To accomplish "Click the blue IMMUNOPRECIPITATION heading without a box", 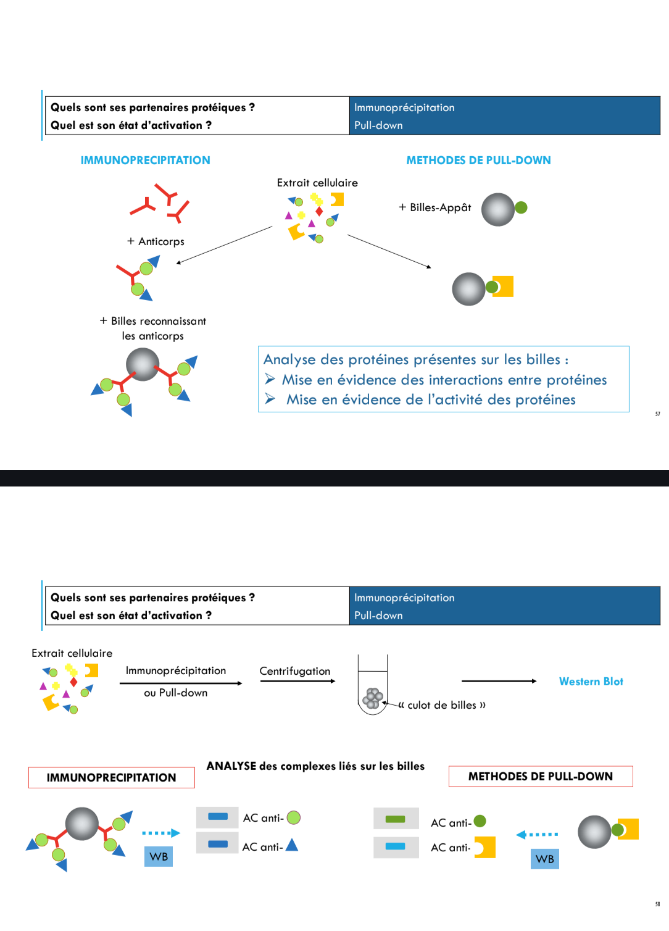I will pyautogui.click(x=145, y=161).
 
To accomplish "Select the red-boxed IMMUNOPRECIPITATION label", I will pyautogui.click(x=112, y=778).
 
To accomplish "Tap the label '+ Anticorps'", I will pyautogui.click(x=156, y=241).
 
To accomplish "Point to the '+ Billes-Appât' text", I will pyautogui.click(x=434, y=207).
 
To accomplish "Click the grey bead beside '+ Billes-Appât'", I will pyautogui.click(x=498, y=209).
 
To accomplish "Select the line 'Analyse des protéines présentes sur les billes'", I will pyautogui.click(x=416, y=359).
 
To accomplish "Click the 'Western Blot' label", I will pyautogui.click(x=591, y=682).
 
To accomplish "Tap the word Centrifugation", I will pyautogui.click(x=294, y=671).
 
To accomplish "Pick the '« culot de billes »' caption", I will pyautogui.click(x=443, y=705).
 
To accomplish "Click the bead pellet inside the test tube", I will pyautogui.click(x=373, y=698).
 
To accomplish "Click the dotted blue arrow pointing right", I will pyautogui.click(x=160, y=833).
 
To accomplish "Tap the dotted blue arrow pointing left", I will pyautogui.click(x=537, y=835).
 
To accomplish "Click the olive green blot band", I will pyautogui.click(x=395, y=819).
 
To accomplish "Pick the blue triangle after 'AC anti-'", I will pyautogui.click(x=292, y=845).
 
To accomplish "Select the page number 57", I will pyautogui.click(x=657, y=414).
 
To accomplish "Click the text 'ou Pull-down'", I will pyautogui.click(x=176, y=693).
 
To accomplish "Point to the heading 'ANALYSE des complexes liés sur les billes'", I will pyautogui.click(x=315, y=766).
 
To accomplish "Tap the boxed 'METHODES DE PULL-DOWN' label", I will pyautogui.click(x=541, y=777).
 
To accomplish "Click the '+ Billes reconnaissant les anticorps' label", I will pyautogui.click(x=153, y=328).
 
